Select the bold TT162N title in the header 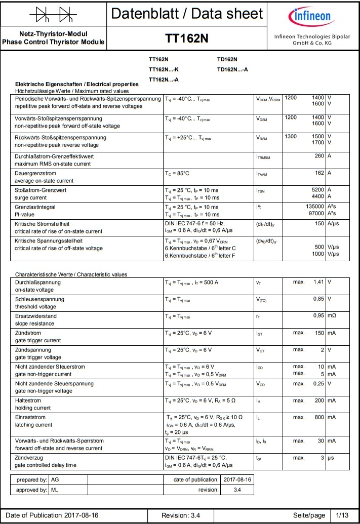[187, 39]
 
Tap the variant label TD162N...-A [232, 69]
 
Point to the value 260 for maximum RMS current [319, 156]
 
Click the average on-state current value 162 [319, 173]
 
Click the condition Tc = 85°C [177, 173]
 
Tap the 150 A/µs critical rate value [319, 223]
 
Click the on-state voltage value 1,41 [318, 281]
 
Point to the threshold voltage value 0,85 [318, 299]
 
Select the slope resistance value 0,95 [318, 316]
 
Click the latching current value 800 [319, 417]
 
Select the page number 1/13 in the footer [343, 515]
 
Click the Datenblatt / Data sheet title [187, 14]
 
